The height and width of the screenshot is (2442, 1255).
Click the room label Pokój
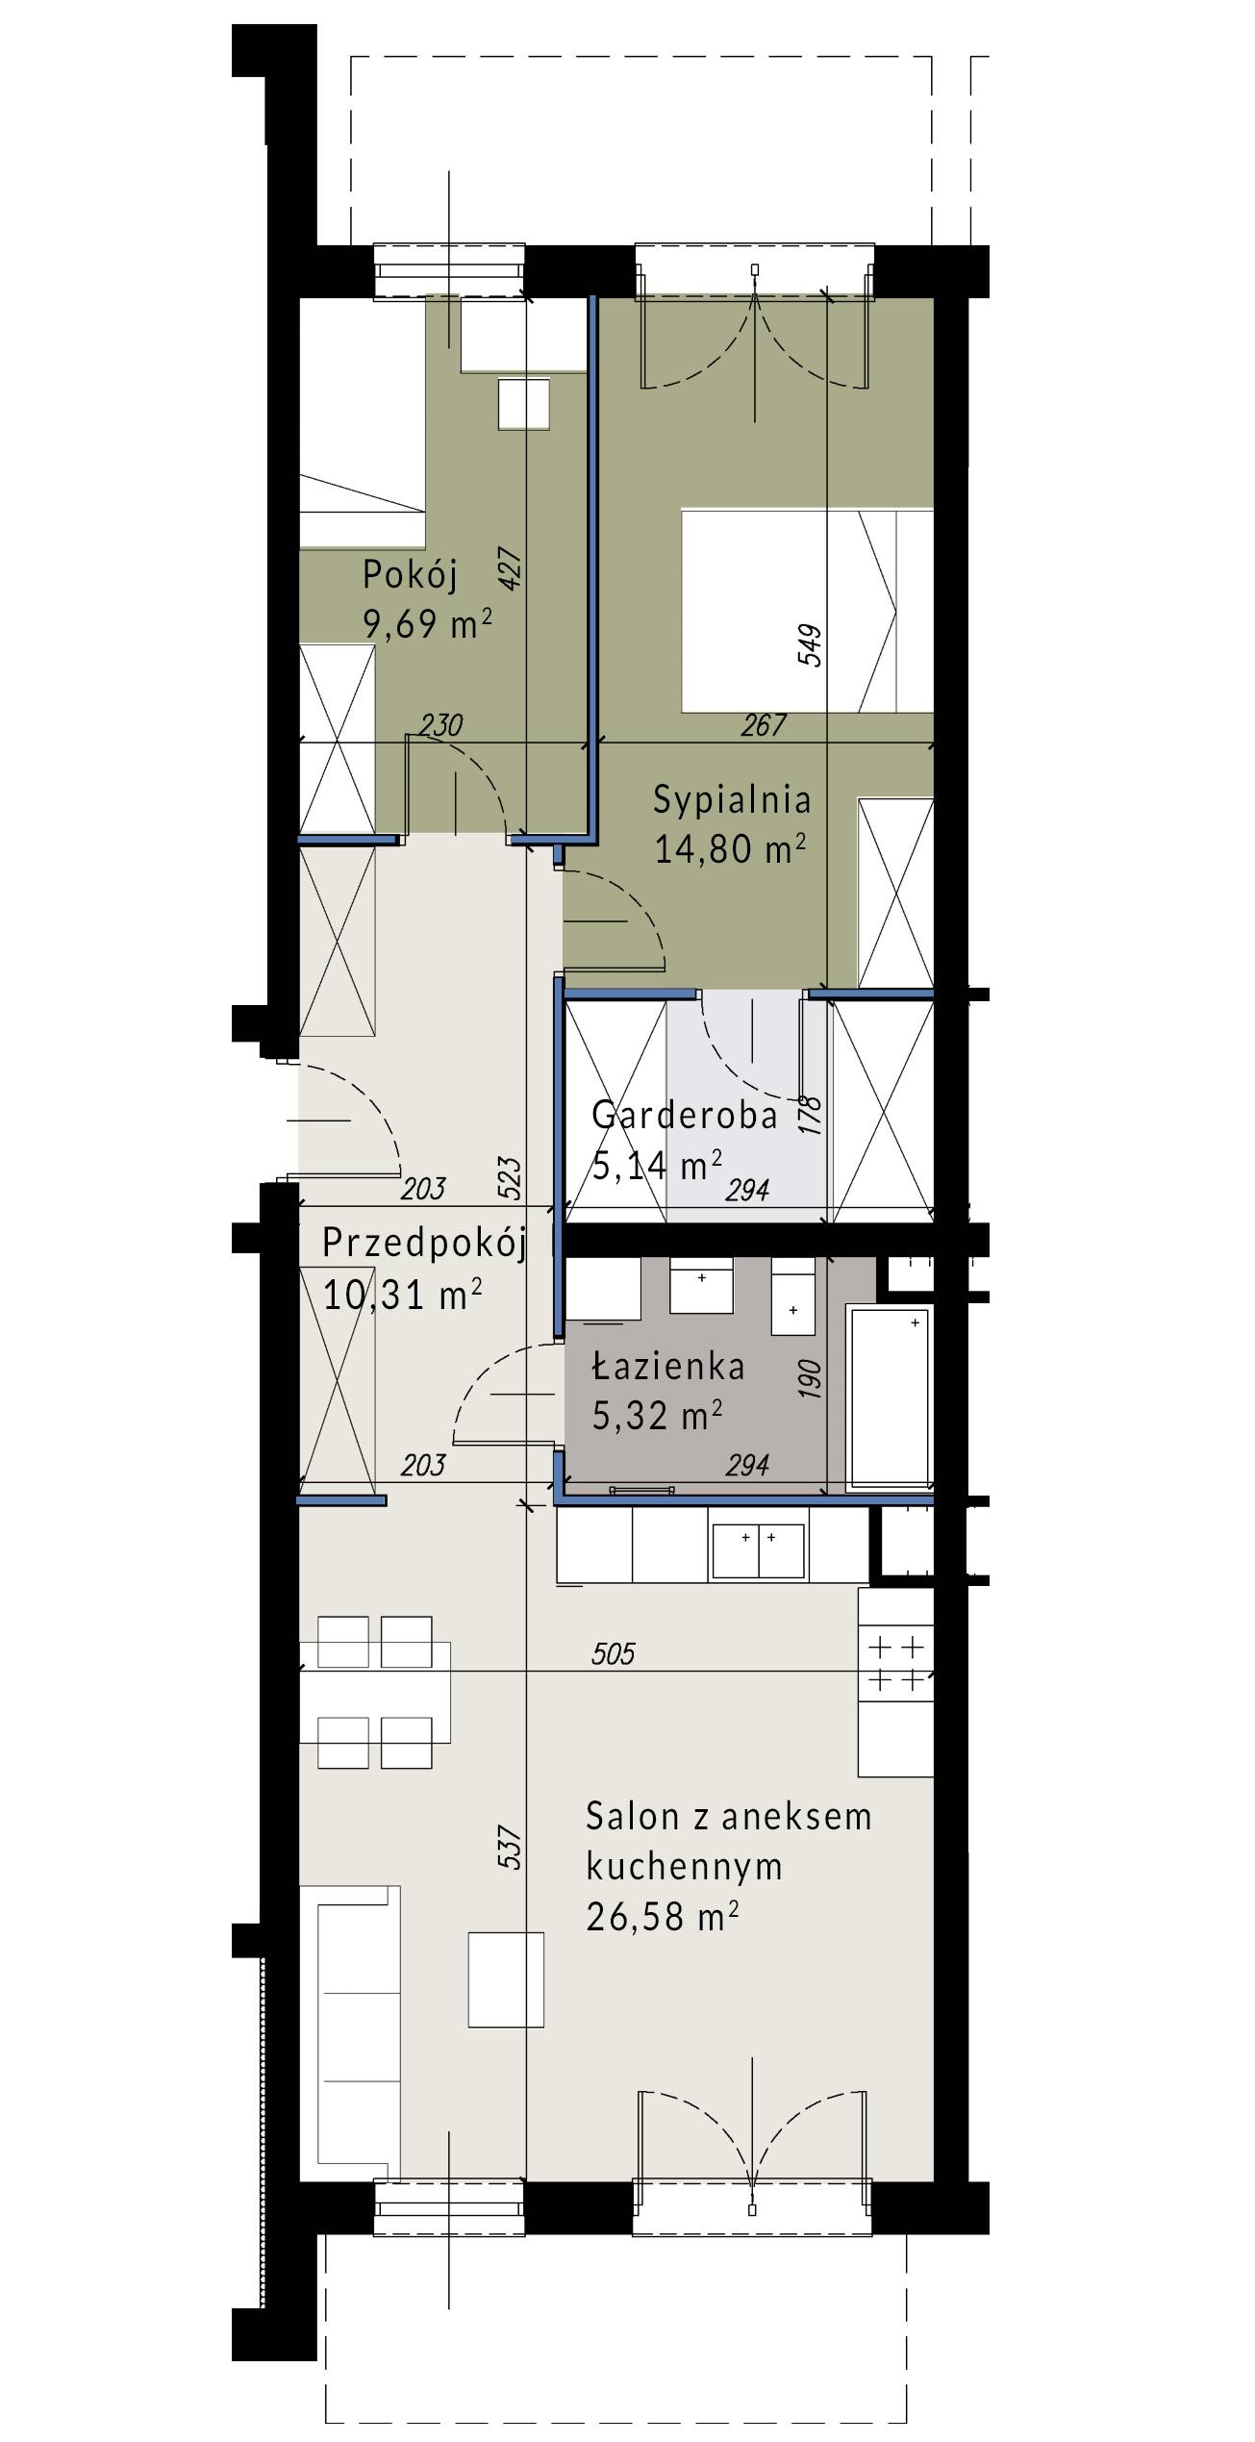pos(410,575)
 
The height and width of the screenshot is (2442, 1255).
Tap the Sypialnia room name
pos(732,799)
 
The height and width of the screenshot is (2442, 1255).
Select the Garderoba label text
pos(685,1115)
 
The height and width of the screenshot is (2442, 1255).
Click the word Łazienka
pos(668,1367)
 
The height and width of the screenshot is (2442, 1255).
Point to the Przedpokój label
pos(424,1244)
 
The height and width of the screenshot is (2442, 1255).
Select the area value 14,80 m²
pos(730,848)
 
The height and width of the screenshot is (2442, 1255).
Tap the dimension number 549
pos(810,645)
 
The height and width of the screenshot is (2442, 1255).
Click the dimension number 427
pos(510,567)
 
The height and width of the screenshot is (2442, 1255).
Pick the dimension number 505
pos(614,1653)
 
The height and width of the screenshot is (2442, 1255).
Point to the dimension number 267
pos(764,725)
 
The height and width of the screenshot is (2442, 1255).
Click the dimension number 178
pos(811,1115)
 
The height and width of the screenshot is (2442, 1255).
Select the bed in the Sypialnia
pos(808,611)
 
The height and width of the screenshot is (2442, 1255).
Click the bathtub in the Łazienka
pos(890,1397)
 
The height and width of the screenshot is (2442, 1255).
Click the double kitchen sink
pos(758,1550)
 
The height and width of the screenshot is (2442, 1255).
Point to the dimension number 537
pos(510,1848)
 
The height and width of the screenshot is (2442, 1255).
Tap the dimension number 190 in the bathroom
pos(811,1378)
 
